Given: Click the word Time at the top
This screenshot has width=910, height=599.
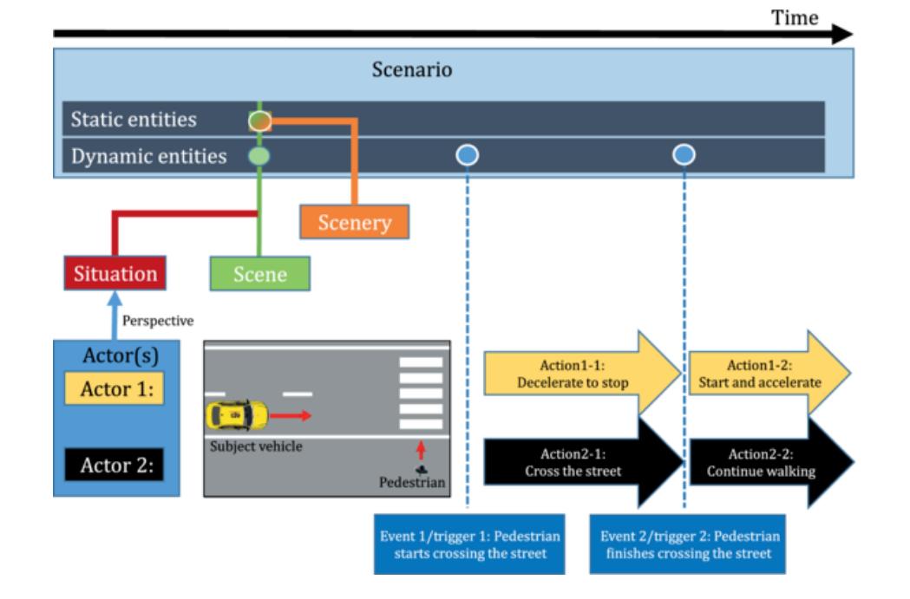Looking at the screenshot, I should [x=795, y=18].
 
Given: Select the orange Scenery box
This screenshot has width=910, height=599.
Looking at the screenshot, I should [x=354, y=222].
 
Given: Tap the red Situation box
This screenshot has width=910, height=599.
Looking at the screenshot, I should [x=115, y=274].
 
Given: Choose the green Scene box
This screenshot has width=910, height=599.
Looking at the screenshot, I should [x=260, y=274].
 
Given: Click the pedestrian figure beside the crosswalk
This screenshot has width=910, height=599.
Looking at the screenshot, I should [x=420, y=471].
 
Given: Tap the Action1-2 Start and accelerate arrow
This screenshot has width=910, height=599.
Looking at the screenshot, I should [x=763, y=373].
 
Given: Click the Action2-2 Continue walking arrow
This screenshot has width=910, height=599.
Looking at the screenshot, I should [x=763, y=463].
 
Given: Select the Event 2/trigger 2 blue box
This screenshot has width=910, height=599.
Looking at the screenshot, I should [x=687, y=544].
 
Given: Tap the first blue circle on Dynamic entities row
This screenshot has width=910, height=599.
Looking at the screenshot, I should [x=467, y=155].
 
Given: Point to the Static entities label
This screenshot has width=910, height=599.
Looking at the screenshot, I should [x=134, y=120].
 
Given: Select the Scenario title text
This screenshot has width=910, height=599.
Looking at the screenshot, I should [x=412, y=70].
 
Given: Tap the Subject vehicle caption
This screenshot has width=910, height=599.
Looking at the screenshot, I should [x=252, y=446].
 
